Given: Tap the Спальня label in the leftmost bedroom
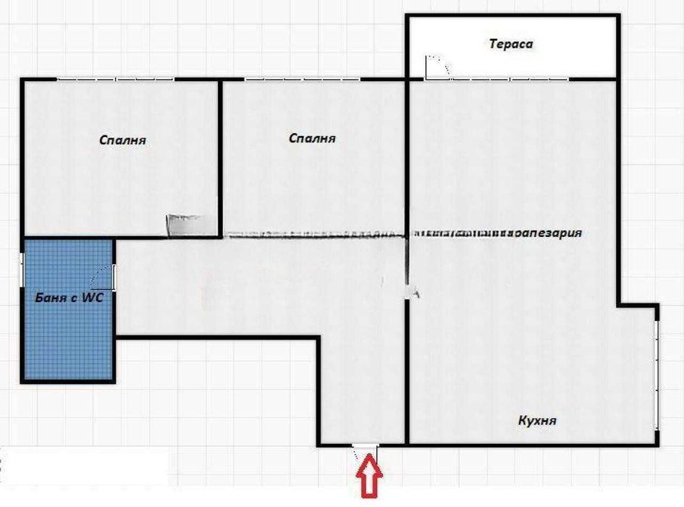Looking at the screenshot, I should pyautogui.click(x=122, y=141).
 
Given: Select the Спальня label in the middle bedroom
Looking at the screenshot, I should pyautogui.click(x=312, y=138).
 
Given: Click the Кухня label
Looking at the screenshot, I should pyautogui.click(x=537, y=421).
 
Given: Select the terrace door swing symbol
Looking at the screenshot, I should pyautogui.click(x=437, y=67).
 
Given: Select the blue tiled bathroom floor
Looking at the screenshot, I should pyautogui.click(x=67, y=340).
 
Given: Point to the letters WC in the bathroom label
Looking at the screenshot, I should pyautogui.click(x=95, y=297).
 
